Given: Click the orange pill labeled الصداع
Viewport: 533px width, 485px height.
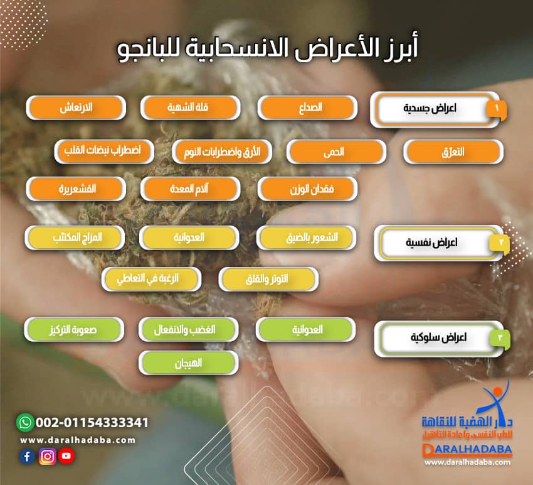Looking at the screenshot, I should point(308,107).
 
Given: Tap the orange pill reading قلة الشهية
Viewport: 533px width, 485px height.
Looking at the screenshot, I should point(190,107).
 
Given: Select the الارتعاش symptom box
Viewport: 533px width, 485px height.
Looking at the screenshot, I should point(76,107).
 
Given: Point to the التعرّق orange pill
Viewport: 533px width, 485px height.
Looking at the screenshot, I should point(453,152).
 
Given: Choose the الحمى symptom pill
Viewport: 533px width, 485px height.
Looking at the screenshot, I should point(336,152).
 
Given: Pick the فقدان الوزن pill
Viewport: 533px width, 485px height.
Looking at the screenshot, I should point(307,188).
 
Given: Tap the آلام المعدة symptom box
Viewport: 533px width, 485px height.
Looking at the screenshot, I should point(190,188).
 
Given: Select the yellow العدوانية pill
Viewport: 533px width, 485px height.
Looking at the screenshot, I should point(189,238).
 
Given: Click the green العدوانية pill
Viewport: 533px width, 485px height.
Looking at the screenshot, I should point(306,329).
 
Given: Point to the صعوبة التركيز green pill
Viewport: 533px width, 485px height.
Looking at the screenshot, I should point(74,329).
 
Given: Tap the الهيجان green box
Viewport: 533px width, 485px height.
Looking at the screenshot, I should point(189,362).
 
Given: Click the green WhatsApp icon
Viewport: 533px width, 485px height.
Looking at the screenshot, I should point(24,422).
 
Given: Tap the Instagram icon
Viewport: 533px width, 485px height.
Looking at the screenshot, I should point(47,457).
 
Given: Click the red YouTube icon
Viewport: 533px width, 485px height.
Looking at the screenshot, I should point(66,457).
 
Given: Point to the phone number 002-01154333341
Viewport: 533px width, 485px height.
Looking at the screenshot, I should point(92,422).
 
